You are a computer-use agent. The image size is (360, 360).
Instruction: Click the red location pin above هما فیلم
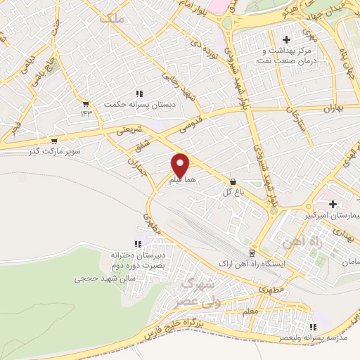[181, 164]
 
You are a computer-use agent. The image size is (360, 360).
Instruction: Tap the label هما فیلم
[181, 181]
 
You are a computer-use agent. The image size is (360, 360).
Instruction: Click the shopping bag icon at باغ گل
[233, 181]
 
